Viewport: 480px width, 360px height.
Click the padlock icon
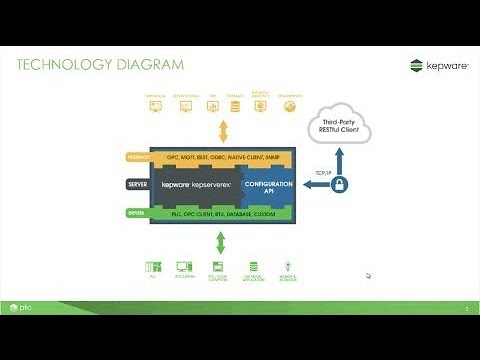[x=341, y=185]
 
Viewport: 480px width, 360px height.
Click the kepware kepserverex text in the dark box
[x=200, y=185]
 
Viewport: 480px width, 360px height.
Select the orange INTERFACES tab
[x=137, y=157]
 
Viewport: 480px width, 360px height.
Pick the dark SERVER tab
[x=137, y=185]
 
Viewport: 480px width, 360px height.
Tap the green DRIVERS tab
[x=137, y=213]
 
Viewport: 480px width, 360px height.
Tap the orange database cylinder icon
[x=236, y=104]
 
